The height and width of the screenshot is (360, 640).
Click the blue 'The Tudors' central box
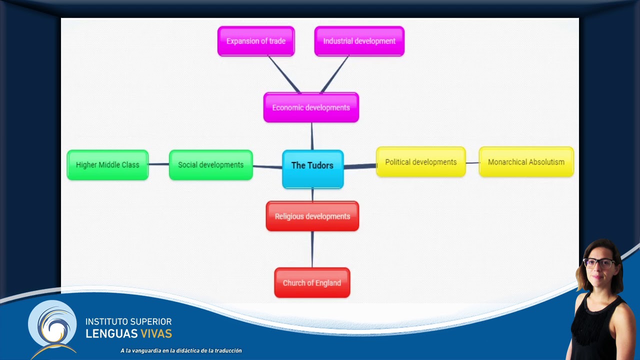(313, 169)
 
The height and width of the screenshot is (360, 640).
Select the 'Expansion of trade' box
(256, 41)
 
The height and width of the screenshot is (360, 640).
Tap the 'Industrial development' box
(359, 41)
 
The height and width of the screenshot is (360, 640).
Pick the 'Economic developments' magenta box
(311, 107)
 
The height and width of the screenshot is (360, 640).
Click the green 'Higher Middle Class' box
(107, 165)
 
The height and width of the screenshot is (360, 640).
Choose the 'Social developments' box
(211, 165)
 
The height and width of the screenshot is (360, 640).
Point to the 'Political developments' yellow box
(421, 162)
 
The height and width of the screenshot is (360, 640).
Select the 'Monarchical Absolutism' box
(526, 162)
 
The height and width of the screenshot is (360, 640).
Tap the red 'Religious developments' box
(312, 216)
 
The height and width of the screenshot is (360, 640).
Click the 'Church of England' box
(312, 282)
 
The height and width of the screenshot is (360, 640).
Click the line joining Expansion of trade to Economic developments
(284, 74)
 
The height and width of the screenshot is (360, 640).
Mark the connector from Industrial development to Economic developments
(334, 74)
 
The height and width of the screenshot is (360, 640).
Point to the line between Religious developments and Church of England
(312, 249)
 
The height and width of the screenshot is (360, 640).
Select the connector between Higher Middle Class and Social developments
(159, 164)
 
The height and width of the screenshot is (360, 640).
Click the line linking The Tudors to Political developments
(360, 166)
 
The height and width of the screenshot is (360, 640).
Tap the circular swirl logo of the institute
(53, 326)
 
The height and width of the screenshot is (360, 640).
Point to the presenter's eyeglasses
(599, 263)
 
